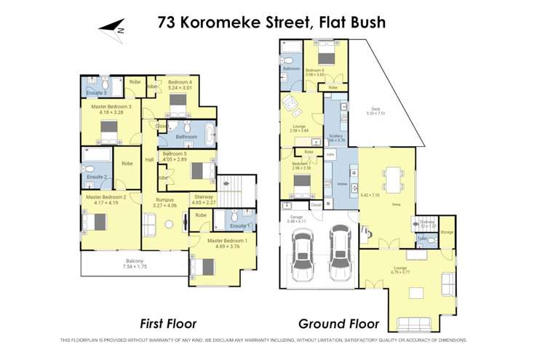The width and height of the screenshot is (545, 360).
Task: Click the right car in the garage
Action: [338, 249]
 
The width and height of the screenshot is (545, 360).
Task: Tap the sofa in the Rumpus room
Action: [148, 226]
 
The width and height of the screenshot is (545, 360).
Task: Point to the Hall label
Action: [149, 159]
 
